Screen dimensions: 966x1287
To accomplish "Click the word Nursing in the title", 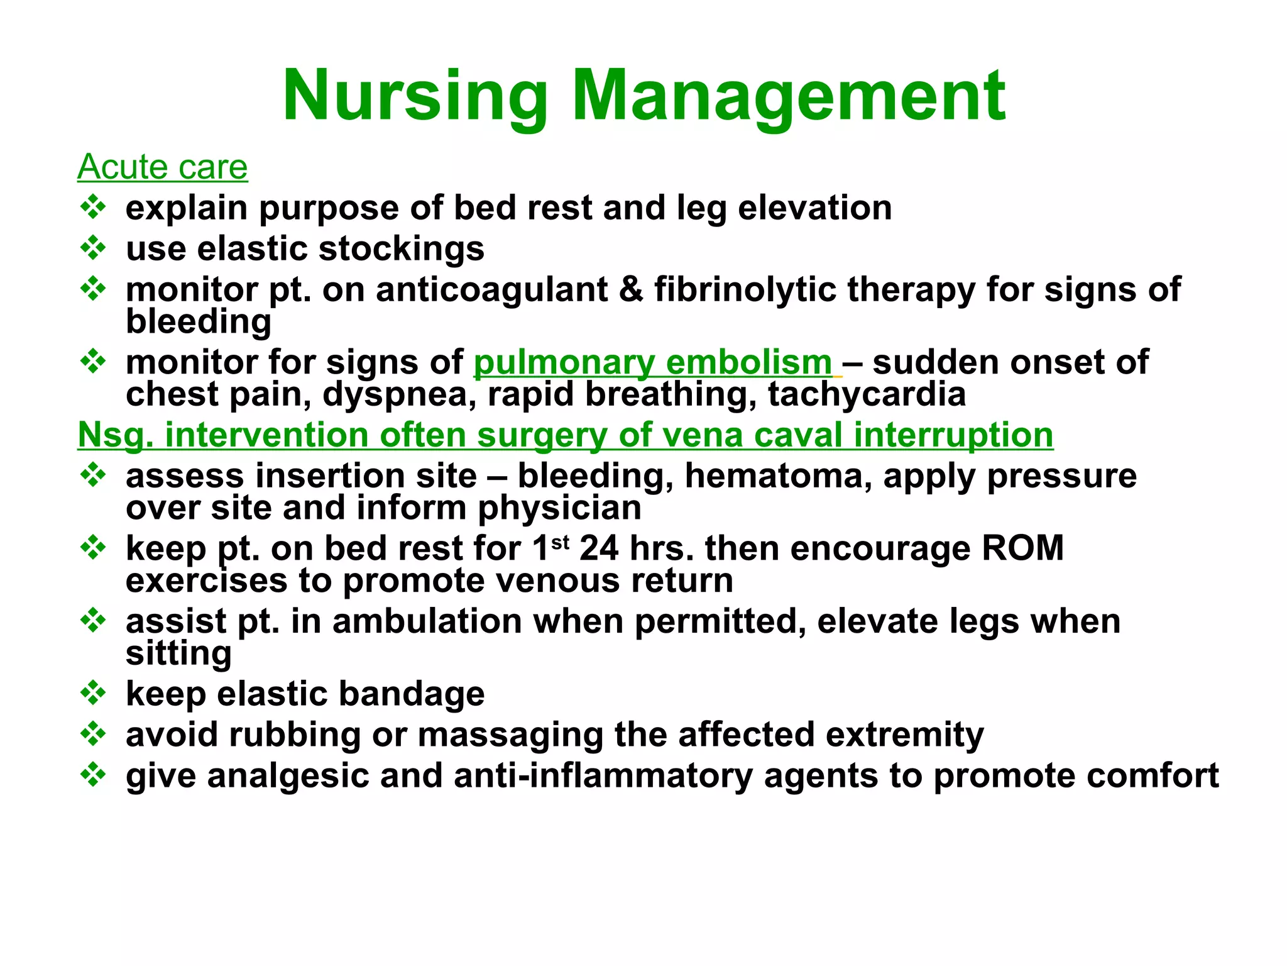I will pos(415,97).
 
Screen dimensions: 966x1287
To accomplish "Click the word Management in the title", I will pos(789,97).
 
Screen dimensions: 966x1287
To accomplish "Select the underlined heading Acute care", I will pos(162,167).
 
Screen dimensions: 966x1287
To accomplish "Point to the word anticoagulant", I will pos(491,290).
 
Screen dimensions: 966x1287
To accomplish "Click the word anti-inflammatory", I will pos(603,775).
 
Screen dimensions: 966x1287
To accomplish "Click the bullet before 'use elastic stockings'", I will pos(93,248).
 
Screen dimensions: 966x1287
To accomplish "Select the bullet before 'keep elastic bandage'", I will pos(93,692).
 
